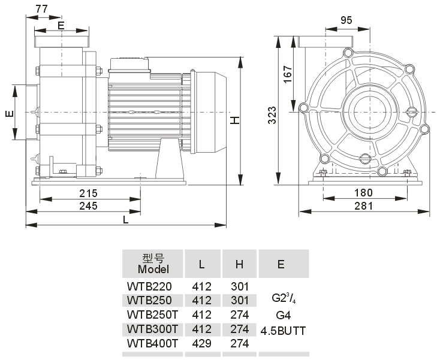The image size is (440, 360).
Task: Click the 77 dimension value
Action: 42,8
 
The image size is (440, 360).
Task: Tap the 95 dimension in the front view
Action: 346,20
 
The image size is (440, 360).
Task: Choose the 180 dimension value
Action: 363,193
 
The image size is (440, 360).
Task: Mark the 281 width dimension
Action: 363,205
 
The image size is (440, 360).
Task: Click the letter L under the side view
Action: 125,219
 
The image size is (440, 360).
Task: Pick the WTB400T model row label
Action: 153,343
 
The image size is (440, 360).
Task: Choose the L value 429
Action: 201,343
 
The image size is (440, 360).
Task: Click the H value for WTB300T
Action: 240,329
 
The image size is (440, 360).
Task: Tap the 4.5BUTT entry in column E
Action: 283,330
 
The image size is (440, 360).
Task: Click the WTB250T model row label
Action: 152,314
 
